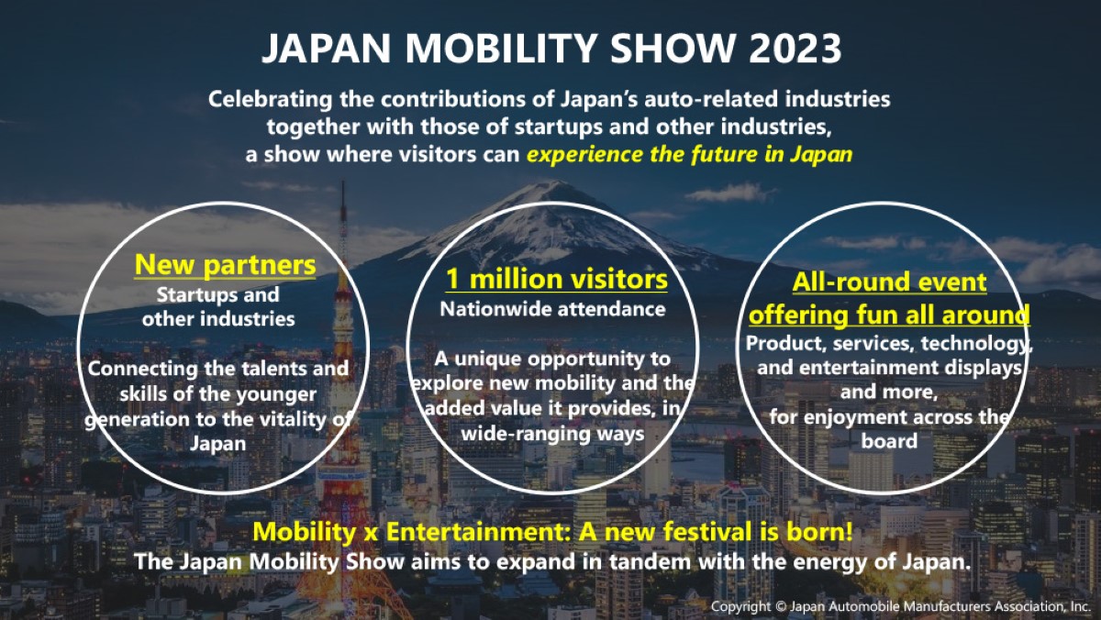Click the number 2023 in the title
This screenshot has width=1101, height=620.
(795, 48)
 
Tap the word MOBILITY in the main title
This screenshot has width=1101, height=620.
(501, 48)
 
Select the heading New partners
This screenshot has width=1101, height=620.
(225, 265)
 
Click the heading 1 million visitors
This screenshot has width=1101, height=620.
(556, 280)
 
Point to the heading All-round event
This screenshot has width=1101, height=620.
(890, 282)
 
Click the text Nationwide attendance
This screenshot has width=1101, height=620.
(552, 309)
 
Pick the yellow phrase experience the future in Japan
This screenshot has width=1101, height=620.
(690, 155)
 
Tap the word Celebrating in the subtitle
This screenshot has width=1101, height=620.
(271, 100)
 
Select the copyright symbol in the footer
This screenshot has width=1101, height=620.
(781, 607)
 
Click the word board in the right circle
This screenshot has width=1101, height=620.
(889, 440)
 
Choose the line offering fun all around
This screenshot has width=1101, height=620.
(889, 315)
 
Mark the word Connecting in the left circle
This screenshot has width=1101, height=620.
(142, 369)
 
